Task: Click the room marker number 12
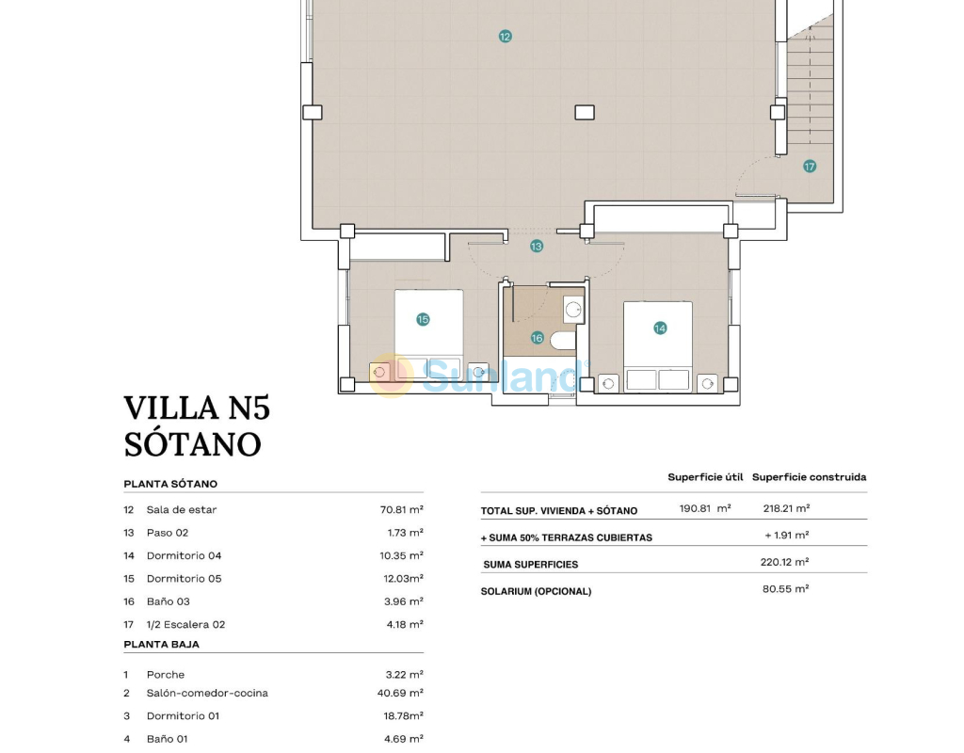click(x=505, y=37)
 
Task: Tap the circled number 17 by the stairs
click(x=809, y=166)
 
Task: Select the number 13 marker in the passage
click(x=536, y=246)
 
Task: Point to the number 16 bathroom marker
click(x=537, y=338)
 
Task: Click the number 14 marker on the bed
click(x=660, y=328)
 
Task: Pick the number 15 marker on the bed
click(x=423, y=319)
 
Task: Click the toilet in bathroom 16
click(x=563, y=341)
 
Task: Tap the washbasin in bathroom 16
click(x=573, y=310)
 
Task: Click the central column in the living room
click(x=585, y=113)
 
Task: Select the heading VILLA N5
click(x=197, y=409)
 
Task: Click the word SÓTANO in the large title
click(x=192, y=444)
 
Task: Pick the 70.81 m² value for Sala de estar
click(x=401, y=509)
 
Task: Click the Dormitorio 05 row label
click(x=184, y=579)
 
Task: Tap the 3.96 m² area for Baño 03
click(x=403, y=601)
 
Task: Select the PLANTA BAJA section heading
click(x=162, y=644)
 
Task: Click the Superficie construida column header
click(x=809, y=477)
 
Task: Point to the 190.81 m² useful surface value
click(x=705, y=508)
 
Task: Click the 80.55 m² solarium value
click(x=786, y=589)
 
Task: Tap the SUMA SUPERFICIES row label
click(x=531, y=565)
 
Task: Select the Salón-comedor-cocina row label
click(x=207, y=693)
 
